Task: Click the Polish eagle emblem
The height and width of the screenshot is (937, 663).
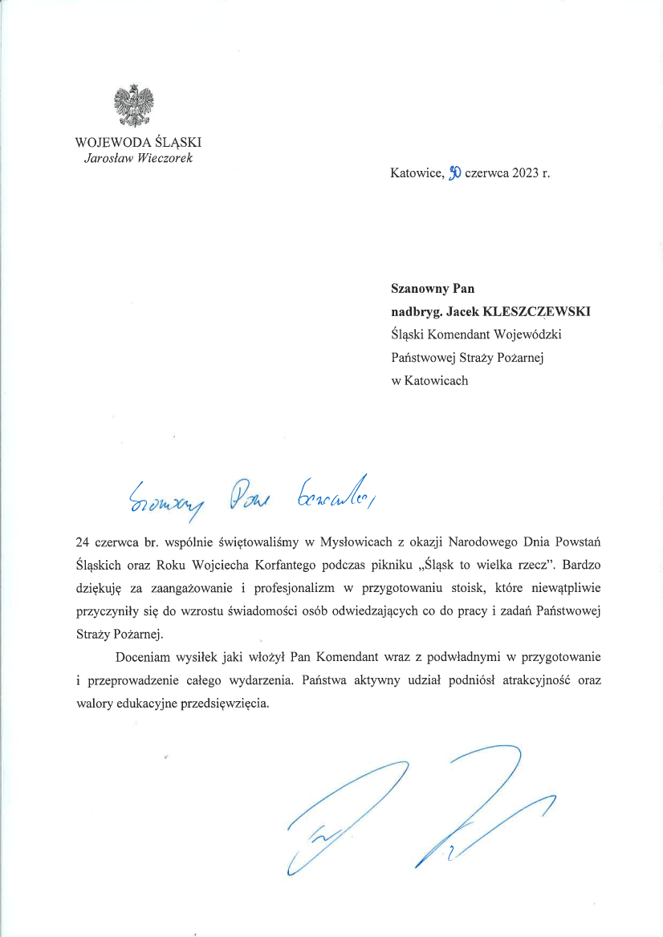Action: [134, 107]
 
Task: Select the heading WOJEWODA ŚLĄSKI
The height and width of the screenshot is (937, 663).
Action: [138, 142]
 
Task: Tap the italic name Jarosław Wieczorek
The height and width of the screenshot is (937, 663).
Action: [138, 157]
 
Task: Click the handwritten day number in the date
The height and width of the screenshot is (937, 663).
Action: [454, 172]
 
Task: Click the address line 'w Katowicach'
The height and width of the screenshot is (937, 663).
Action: [429, 381]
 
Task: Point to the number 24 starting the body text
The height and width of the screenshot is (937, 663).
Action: [82, 542]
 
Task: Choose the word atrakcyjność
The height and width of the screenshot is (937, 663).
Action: [529, 679]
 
